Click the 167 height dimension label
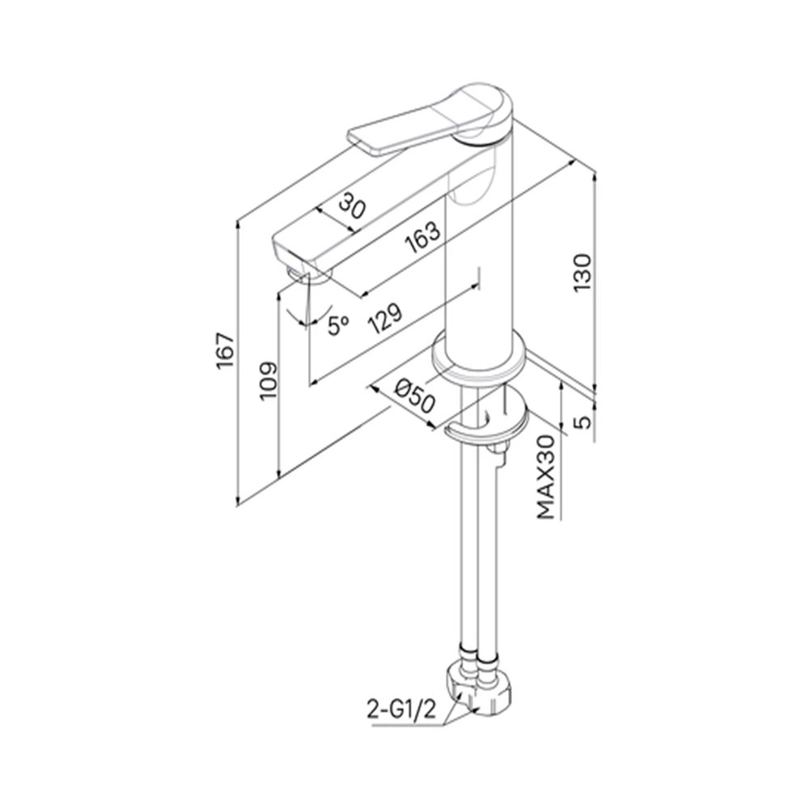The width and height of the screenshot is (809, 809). (x=226, y=351)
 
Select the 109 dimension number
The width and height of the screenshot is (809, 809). (x=269, y=381)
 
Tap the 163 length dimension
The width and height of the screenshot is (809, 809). (x=422, y=238)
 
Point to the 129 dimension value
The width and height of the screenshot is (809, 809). (x=384, y=319)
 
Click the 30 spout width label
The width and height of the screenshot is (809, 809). (x=353, y=205)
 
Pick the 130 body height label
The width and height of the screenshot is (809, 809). (x=582, y=273)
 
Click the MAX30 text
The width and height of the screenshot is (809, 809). (x=546, y=477)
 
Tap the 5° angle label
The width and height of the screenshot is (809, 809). (x=338, y=325)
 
